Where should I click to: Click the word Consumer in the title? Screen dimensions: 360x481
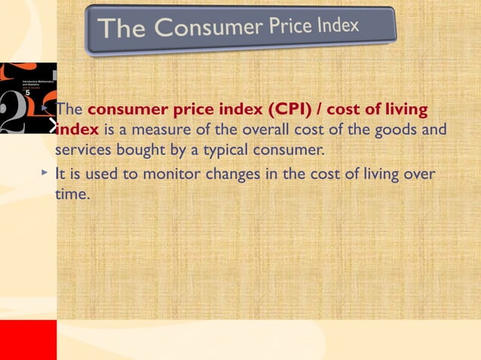point(204,29)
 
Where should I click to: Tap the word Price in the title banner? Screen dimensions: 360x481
point(287,27)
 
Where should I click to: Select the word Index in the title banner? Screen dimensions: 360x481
point(337,26)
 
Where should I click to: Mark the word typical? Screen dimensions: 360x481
point(224,150)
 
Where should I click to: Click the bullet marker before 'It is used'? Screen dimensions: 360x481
point(45,174)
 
